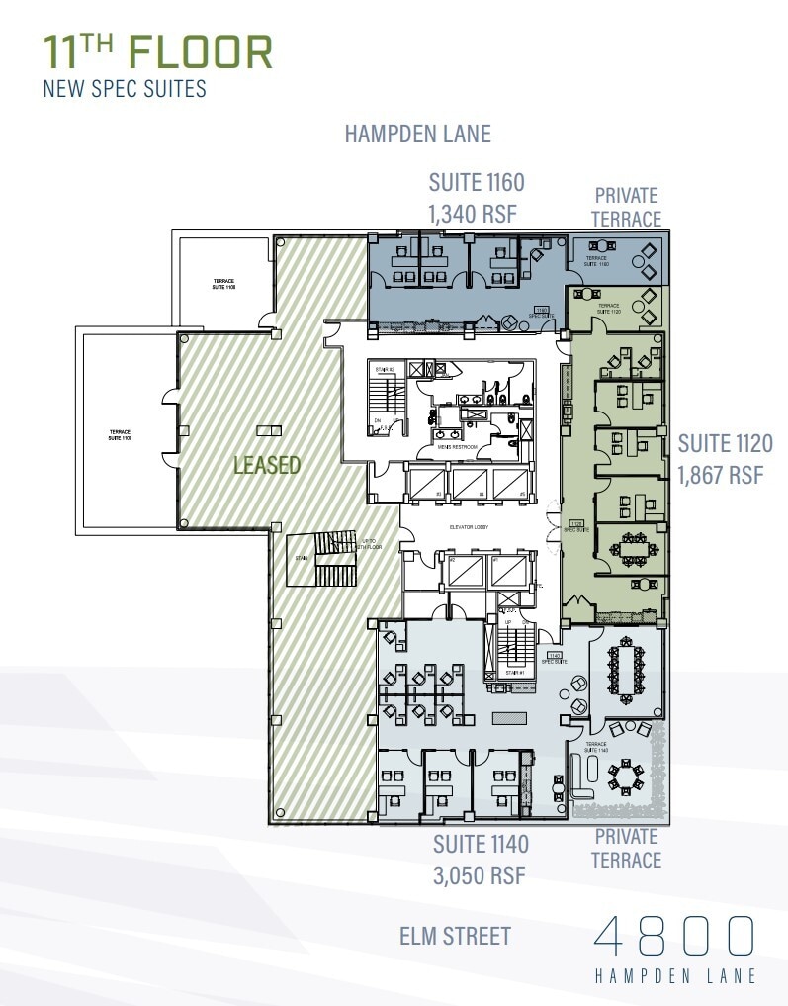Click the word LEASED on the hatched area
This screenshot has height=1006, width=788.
click(x=267, y=464)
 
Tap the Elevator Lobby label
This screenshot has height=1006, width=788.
click(x=468, y=527)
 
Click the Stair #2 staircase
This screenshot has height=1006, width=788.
click(x=386, y=402)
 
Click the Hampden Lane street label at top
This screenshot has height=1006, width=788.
click(x=417, y=134)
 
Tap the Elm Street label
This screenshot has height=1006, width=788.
click(x=456, y=935)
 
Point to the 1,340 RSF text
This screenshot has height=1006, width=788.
click(x=473, y=213)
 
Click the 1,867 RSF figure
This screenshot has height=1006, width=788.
click(x=721, y=474)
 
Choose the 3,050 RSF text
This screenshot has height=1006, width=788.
click(x=479, y=875)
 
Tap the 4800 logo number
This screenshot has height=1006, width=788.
click(x=674, y=936)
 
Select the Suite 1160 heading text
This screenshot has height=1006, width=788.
click(x=476, y=183)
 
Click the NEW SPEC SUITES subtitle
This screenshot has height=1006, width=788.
click(x=125, y=89)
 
